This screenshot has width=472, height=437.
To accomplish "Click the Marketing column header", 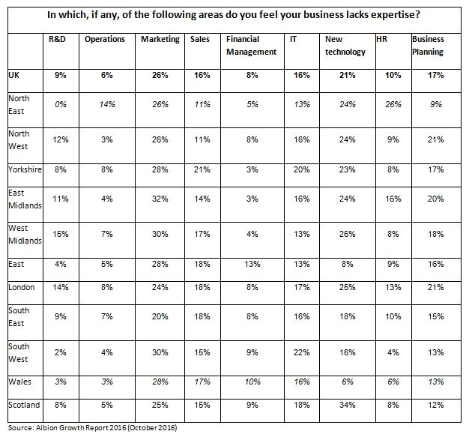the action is tap(160, 40).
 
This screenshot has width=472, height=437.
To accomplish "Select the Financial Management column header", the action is tap(251, 46).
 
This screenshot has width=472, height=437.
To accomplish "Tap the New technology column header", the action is tap(345, 46).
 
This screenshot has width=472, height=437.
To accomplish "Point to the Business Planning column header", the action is tap(428, 46).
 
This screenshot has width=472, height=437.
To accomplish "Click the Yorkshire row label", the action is tap(25, 169).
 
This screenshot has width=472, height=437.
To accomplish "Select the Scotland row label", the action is tap(24, 405).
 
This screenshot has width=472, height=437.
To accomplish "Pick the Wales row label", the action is tap(20, 382).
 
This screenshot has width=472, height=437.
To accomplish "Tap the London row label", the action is tap(22, 287).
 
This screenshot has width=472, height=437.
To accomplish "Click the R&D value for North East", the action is tap(61, 104).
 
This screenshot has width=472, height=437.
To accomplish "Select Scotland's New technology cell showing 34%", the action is tap(348, 405).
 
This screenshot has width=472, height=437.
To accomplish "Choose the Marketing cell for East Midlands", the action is tap(160, 199).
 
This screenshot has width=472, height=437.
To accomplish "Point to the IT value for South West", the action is tap(302, 352).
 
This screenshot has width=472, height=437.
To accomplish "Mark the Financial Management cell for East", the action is tap(252, 264).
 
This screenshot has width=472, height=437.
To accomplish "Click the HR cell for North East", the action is tap(393, 104).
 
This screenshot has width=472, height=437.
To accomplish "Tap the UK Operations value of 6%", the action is tap(107, 75).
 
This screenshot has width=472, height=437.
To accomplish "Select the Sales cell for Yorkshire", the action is tap(202, 169).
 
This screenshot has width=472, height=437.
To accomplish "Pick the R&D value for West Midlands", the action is tap(61, 234).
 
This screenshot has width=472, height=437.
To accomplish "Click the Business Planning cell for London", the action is tap(436, 287).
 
